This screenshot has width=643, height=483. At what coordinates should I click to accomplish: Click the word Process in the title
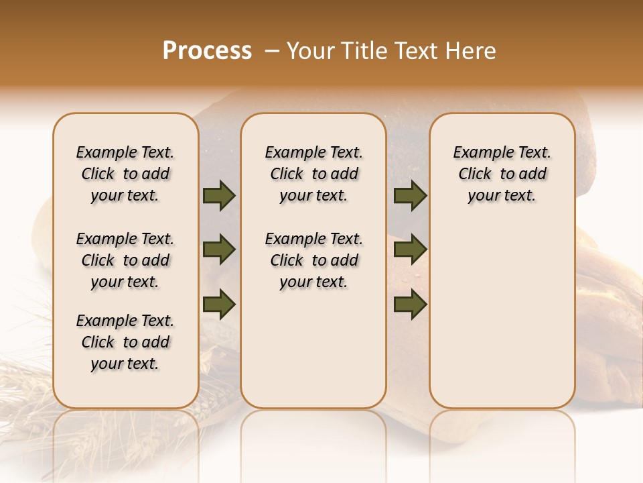coord(207,51)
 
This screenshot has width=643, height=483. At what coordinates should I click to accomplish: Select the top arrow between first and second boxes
coord(219,196)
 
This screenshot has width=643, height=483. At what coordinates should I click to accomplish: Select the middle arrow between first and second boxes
coord(219,250)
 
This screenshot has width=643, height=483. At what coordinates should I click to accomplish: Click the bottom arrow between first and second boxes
coord(219,305)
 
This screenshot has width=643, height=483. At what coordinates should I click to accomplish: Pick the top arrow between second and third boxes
coord(410,196)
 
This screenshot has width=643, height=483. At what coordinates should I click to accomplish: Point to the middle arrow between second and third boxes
coord(410,250)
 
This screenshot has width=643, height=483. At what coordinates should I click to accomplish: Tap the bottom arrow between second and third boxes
coord(410,305)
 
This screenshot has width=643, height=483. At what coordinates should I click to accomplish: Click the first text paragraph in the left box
coord(125,174)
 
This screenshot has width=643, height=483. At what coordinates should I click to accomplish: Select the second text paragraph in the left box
coord(125,260)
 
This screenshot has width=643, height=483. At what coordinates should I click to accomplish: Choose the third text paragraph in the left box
coord(125,342)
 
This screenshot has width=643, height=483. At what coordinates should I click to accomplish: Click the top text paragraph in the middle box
coord(313,174)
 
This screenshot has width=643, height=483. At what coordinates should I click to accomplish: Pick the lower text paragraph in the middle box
coord(313,260)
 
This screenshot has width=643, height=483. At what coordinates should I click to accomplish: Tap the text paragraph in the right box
coord(502,174)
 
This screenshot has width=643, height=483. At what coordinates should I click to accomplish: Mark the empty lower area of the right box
coord(502,315)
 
